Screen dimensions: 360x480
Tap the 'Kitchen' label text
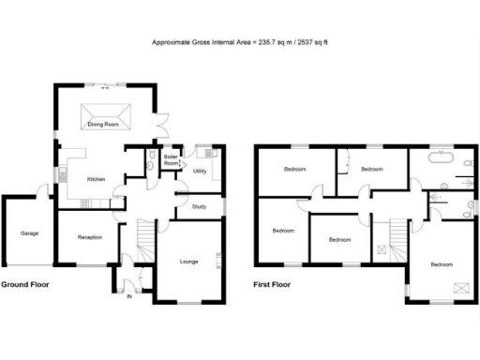[x=97, y=179]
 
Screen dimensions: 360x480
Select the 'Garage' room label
[x=29, y=232]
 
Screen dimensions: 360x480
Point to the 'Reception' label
[x=90, y=237]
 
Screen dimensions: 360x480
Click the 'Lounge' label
[x=189, y=262]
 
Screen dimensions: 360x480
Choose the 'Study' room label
[x=200, y=206]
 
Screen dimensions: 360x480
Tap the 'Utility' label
[x=200, y=172]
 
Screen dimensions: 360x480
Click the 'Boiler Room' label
[x=172, y=160]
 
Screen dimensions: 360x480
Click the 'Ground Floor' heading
[x=25, y=283]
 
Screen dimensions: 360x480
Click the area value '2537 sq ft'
[x=316, y=42]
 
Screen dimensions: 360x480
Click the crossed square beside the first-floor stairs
[x=382, y=249]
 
